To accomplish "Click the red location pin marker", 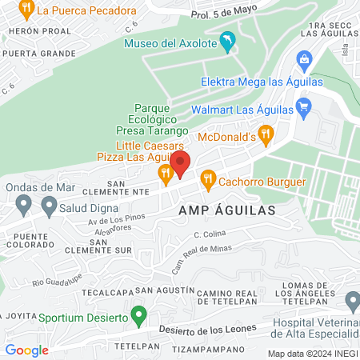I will [x=180, y=163].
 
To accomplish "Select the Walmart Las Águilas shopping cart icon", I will [x=302, y=106].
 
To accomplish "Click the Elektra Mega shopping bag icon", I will [x=304, y=59].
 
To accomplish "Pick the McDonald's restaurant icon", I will [x=266, y=133].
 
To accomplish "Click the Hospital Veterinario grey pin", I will [x=353, y=301].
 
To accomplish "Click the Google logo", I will [x=26, y=350].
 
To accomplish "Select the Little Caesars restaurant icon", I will [x=166, y=174].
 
